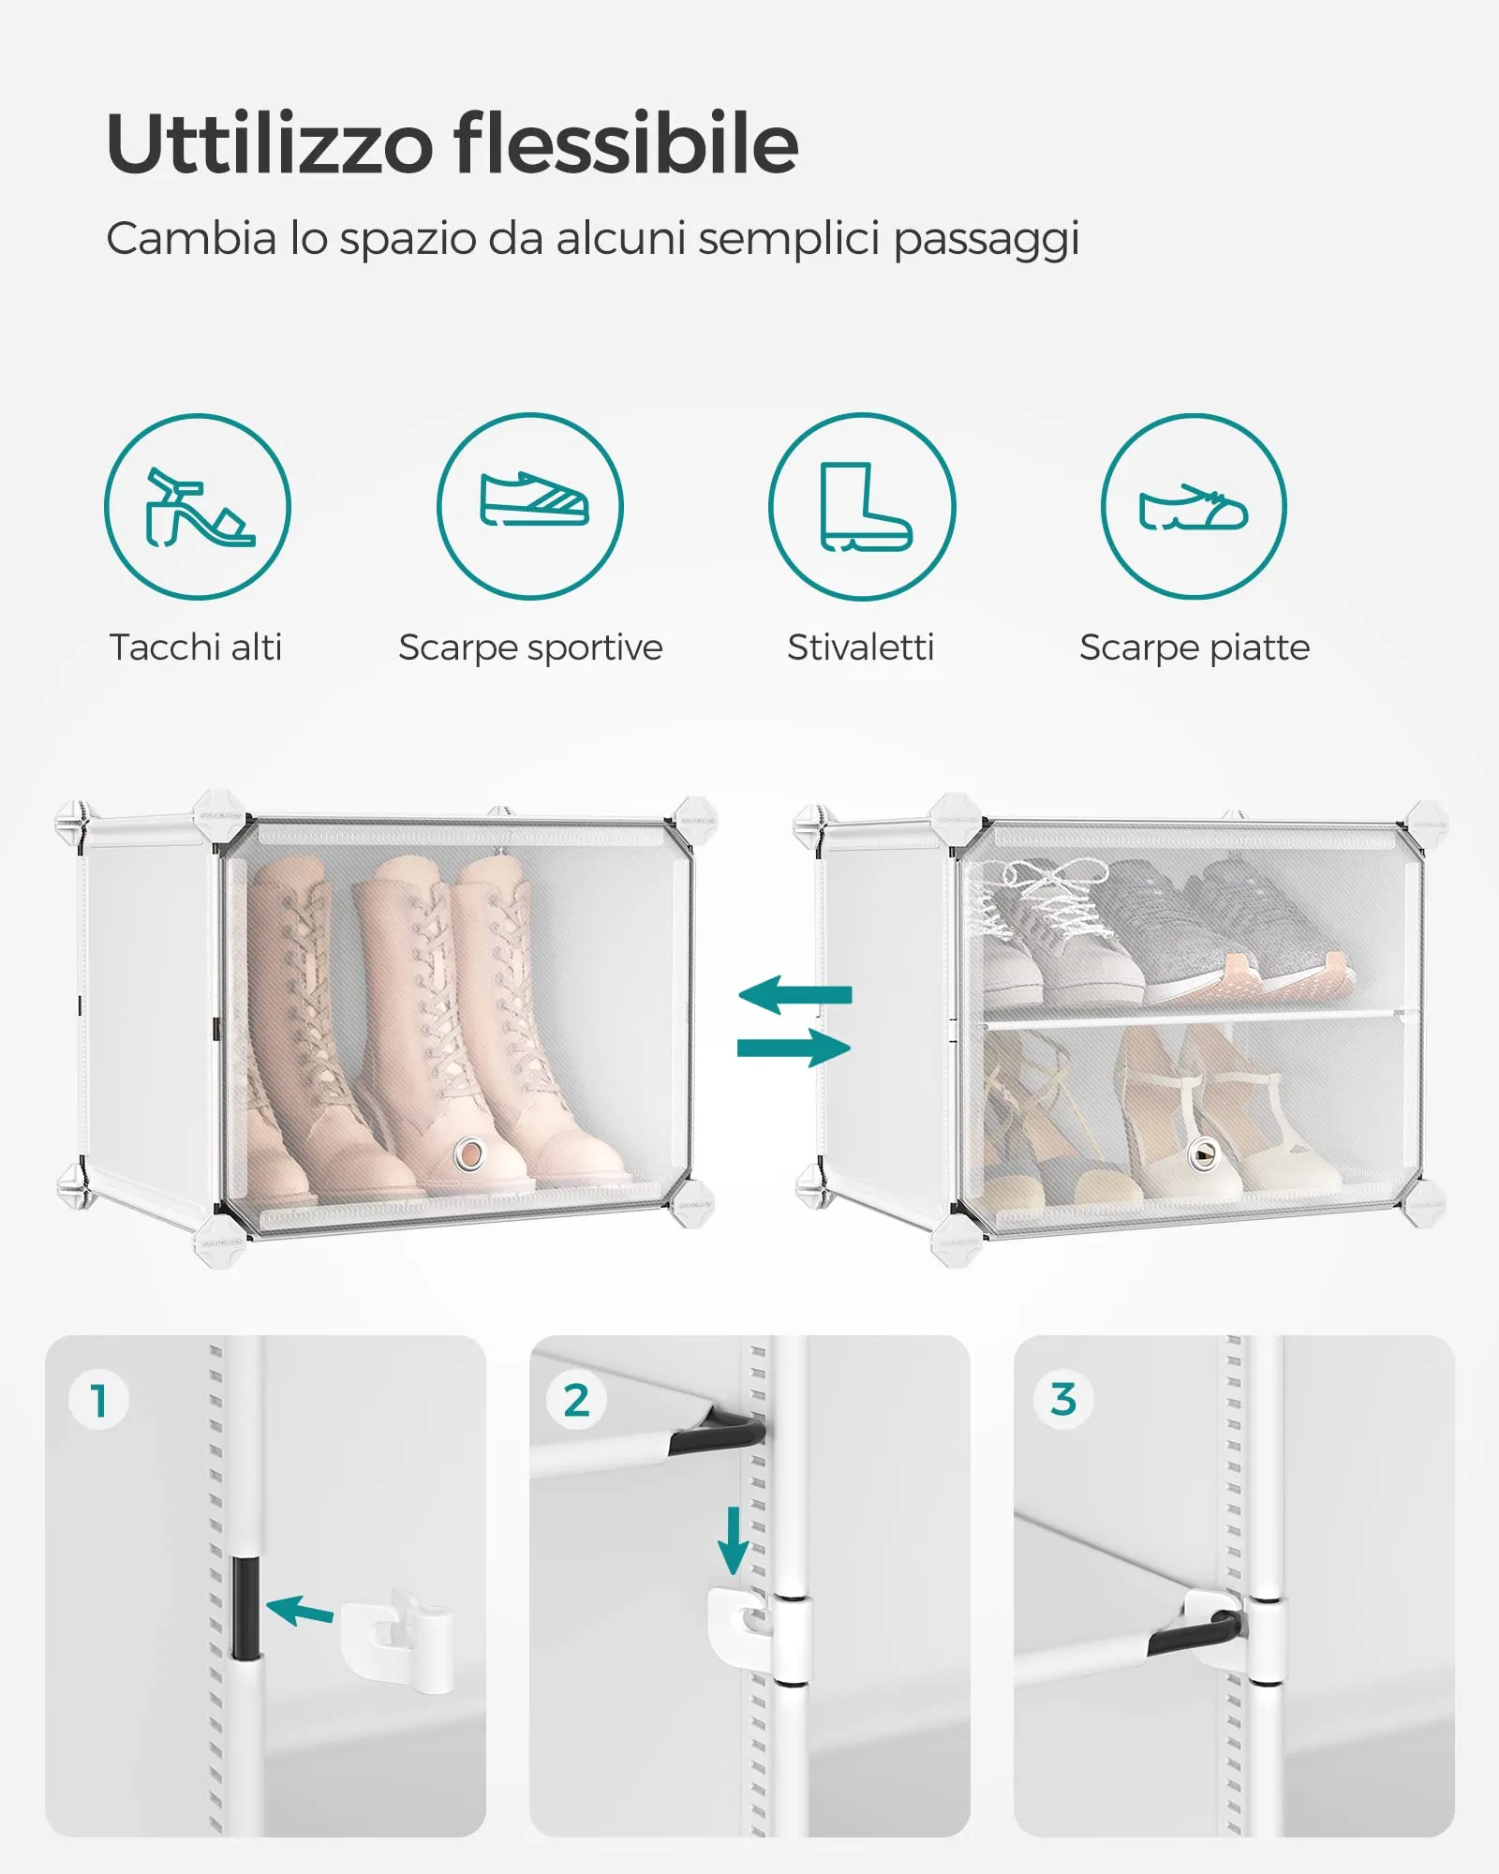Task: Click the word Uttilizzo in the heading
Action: (270, 143)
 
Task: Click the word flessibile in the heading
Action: (626, 143)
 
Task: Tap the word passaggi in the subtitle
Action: (986, 239)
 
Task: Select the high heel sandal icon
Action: (198, 507)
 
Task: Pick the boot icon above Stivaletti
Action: (862, 507)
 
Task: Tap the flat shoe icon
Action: (1194, 507)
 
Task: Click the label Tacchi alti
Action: (195, 647)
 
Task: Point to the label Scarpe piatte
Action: (1194, 647)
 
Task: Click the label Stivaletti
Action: (860, 647)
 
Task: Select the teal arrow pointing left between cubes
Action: (795, 994)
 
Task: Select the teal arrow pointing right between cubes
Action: (794, 1048)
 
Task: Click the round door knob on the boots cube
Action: (469, 1153)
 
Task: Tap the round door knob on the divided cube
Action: (1202, 1154)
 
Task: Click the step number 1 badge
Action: (98, 1400)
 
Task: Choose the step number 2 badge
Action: (576, 1400)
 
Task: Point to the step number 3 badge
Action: (1062, 1399)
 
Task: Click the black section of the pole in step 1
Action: (245, 1608)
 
